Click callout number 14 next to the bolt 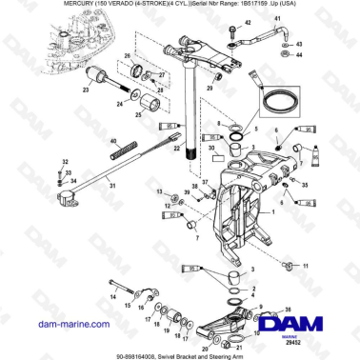click(112, 295)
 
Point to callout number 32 click(65, 163)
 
